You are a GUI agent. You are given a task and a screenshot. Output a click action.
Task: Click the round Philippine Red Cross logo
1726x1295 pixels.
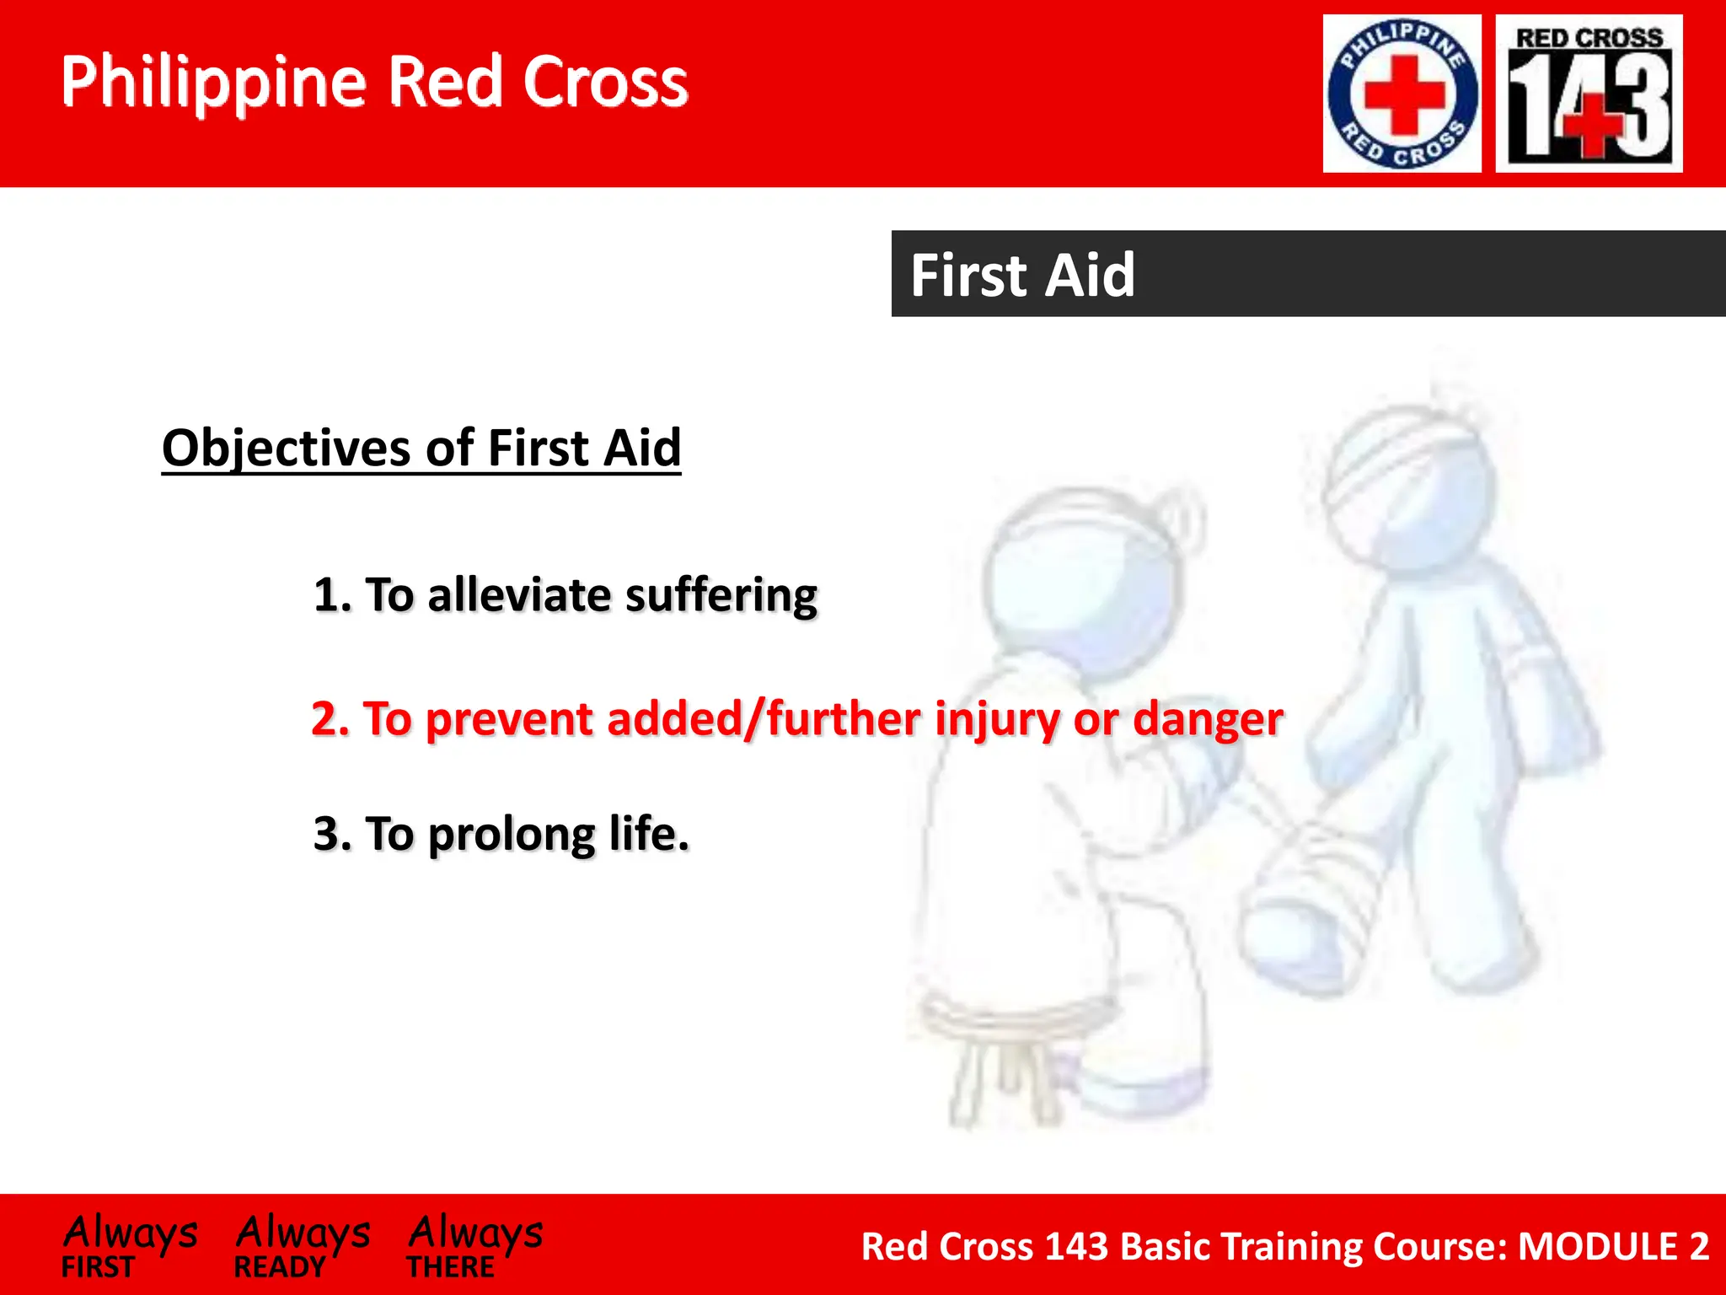coord(1402,94)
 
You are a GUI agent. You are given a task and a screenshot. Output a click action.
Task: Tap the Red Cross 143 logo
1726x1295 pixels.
coord(1589,94)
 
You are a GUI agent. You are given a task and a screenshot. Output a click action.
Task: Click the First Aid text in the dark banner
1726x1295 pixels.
coord(1022,275)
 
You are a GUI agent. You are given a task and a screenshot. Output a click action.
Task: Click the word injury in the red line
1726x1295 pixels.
coord(997,719)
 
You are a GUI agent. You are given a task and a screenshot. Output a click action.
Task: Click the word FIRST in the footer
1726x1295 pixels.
coord(98,1267)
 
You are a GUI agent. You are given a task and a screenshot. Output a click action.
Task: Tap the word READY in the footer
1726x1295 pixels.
coord(280,1267)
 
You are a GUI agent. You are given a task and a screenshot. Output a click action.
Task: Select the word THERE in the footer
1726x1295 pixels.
coord(450,1267)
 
